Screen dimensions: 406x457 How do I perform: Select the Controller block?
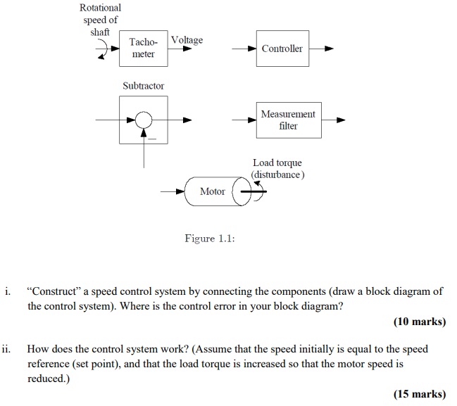(x=282, y=49)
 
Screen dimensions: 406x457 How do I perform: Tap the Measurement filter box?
(x=288, y=120)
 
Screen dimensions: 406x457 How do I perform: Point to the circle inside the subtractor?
(x=144, y=120)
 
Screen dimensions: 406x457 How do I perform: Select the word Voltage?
(x=187, y=40)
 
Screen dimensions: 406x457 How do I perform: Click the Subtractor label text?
(x=143, y=86)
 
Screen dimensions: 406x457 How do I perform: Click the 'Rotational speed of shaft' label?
(x=100, y=20)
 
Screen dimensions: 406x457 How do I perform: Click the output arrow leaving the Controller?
(x=322, y=49)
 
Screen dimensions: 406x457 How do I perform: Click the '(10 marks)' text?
(x=419, y=322)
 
